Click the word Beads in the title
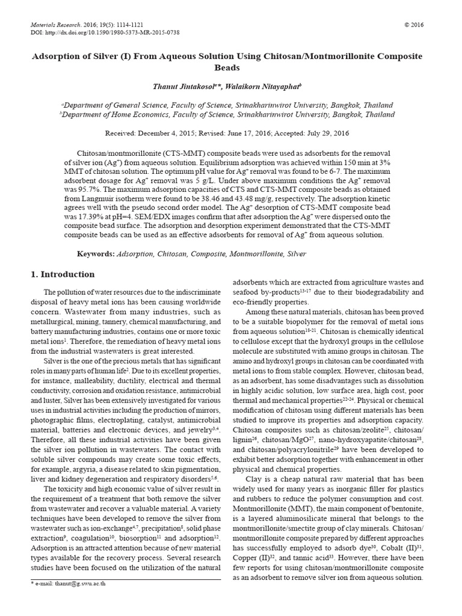(231, 67)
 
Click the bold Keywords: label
(96, 254)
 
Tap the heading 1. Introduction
(63, 274)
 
